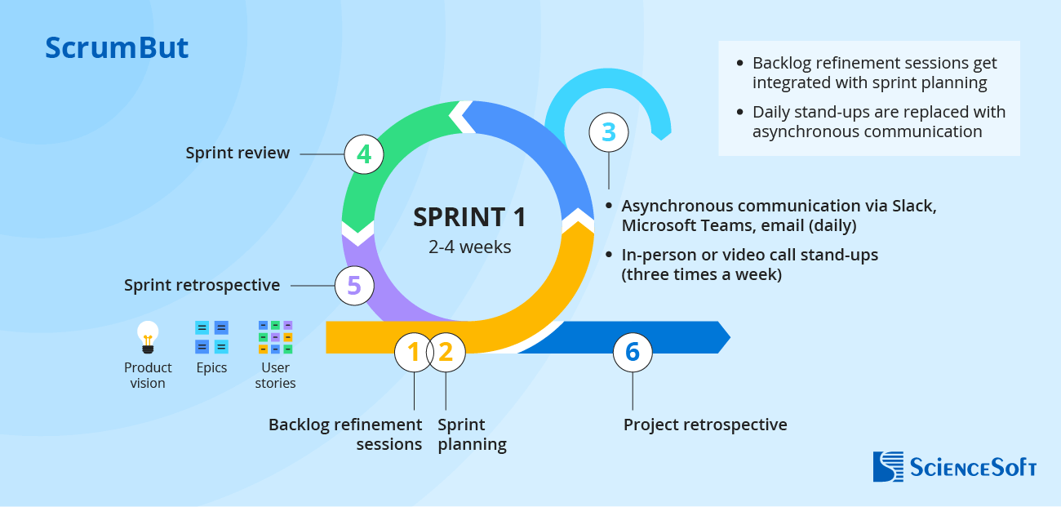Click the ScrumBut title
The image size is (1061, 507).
tap(117, 48)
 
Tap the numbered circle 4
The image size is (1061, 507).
tap(364, 153)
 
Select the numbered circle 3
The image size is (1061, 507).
tap(609, 131)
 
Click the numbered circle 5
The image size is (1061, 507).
tap(354, 285)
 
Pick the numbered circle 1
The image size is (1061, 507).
tap(414, 352)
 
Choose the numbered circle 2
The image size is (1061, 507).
tap(446, 352)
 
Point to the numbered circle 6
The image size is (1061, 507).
tap(633, 352)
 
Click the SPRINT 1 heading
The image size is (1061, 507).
tap(469, 217)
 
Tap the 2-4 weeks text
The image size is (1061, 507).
tap(469, 247)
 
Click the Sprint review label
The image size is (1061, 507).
tap(238, 153)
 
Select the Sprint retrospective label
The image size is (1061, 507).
tap(202, 285)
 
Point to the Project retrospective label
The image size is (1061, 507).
tap(705, 425)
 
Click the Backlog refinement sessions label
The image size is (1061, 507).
tap(345, 434)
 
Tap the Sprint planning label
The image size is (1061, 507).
tap(472, 434)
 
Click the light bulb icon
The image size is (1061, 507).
tap(148, 336)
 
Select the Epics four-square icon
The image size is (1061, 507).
tap(211, 336)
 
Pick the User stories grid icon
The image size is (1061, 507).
tap(275, 336)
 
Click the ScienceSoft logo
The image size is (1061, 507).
tap(954, 466)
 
